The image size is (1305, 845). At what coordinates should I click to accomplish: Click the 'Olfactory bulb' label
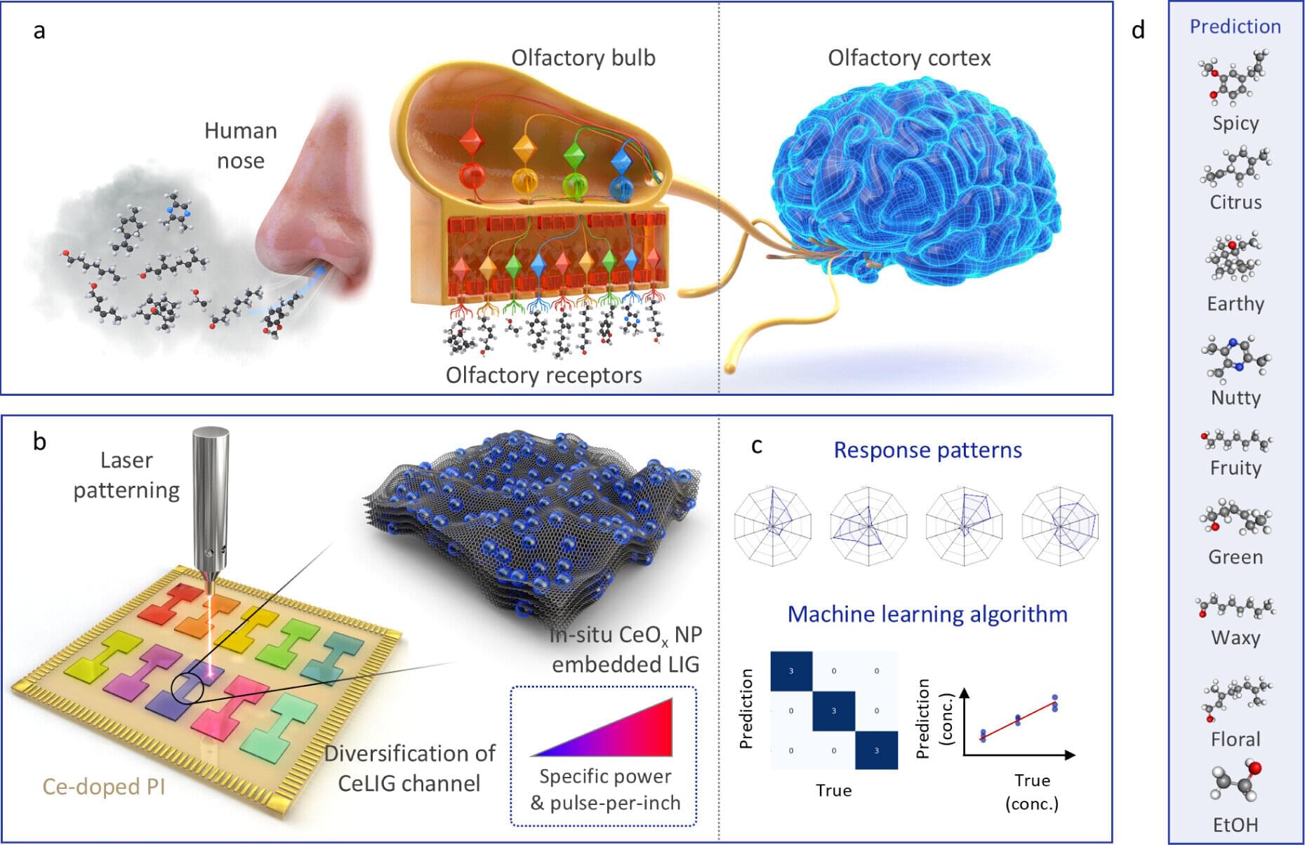coord(583,58)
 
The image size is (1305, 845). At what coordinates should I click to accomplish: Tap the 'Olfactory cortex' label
coord(909,58)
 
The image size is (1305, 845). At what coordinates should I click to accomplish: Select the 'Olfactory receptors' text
coord(543,375)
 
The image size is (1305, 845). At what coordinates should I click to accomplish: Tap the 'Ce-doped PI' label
coord(104,786)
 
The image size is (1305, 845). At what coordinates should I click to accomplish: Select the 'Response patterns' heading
coord(927,450)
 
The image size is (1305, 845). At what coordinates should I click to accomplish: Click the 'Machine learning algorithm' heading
coord(927,614)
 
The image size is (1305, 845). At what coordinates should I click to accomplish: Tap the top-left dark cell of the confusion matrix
coord(791,671)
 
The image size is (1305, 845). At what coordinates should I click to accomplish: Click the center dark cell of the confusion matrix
coord(834,711)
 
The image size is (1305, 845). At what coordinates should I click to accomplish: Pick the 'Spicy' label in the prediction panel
coord(1236,123)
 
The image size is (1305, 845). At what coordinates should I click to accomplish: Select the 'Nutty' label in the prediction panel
coord(1236,397)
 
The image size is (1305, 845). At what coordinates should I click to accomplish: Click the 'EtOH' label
coord(1236,825)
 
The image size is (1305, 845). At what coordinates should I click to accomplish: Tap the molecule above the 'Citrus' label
coord(1236,168)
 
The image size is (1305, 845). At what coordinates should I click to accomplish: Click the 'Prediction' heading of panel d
coord(1236,27)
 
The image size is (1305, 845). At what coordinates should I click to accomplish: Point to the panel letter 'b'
coord(40,442)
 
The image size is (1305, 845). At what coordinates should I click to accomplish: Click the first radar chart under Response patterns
coord(773,526)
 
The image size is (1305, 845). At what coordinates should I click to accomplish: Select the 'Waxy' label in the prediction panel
coord(1236,637)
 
